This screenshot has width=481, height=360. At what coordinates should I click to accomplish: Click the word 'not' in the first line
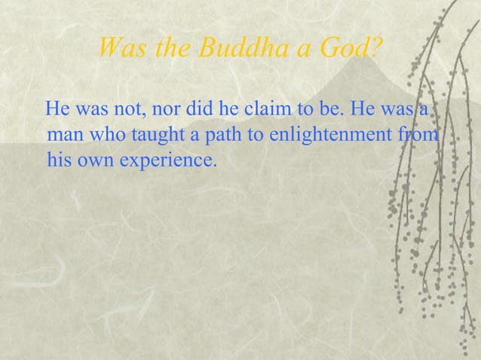click(x=126, y=111)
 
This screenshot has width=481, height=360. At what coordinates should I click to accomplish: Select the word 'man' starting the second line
click(x=64, y=136)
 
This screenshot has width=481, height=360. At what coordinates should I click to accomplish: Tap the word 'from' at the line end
click(x=423, y=136)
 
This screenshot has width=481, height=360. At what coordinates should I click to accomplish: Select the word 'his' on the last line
click(x=57, y=160)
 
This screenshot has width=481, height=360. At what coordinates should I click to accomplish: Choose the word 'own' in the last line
click(x=91, y=160)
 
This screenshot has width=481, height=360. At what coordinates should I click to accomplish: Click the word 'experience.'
click(x=163, y=160)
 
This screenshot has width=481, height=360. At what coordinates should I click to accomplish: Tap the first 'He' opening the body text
click(x=58, y=111)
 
